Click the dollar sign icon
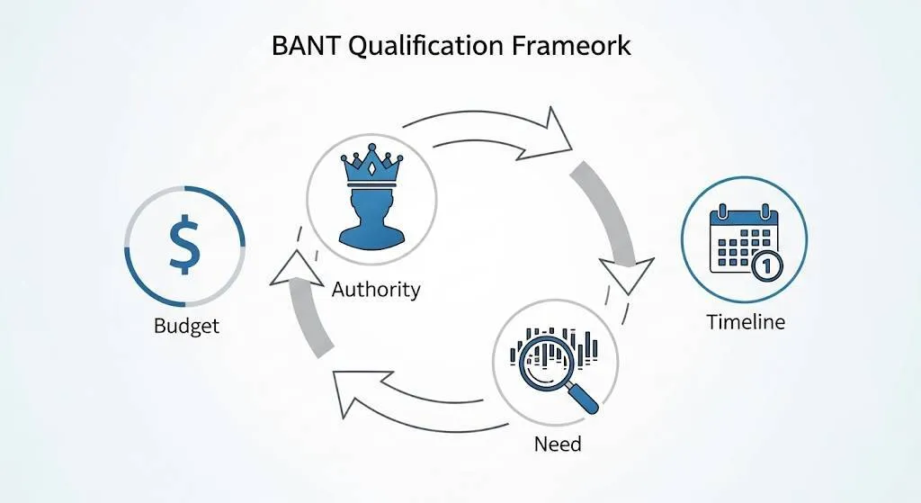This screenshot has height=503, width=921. point(184,244)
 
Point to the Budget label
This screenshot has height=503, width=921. point(186,325)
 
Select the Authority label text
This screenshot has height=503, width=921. point(375,290)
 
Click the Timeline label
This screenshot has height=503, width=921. point(746,322)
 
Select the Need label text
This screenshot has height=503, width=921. point(558,444)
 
